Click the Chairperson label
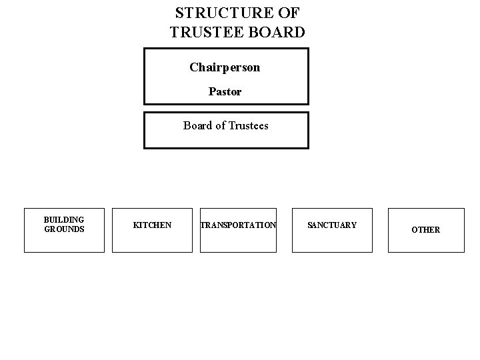(x=225, y=67)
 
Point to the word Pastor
(x=225, y=91)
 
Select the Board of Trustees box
(x=226, y=138)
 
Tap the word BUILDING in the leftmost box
(x=64, y=220)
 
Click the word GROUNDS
(x=64, y=229)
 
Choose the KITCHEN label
(x=152, y=225)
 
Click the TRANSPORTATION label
(x=238, y=225)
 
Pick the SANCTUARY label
(x=332, y=225)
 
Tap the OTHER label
(x=425, y=230)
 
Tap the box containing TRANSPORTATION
(x=238, y=241)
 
